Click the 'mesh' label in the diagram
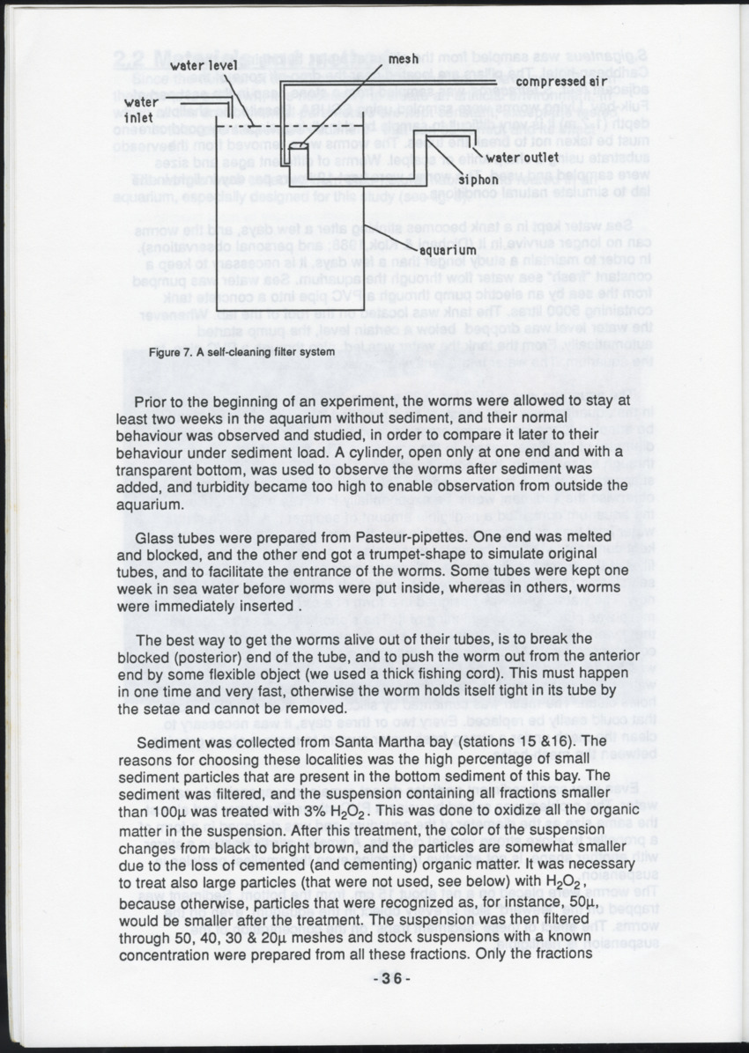tap(403, 59)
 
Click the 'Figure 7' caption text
tap(241, 352)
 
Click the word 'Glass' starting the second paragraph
tap(153, 536)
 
